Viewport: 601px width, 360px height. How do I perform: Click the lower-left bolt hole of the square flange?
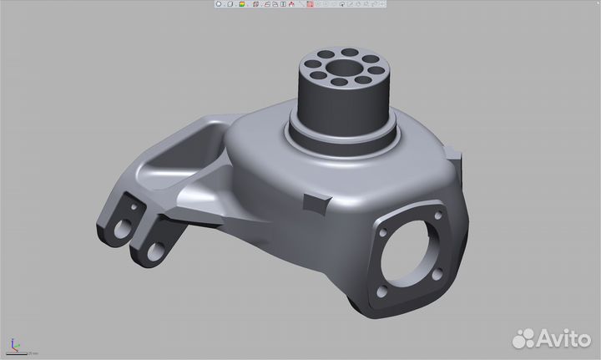pos(381,291)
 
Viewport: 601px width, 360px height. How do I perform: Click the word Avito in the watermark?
pos(563,337)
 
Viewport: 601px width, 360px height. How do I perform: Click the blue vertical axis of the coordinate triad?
pos(13,342)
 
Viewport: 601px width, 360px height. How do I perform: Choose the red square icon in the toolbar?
pos(309,4)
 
